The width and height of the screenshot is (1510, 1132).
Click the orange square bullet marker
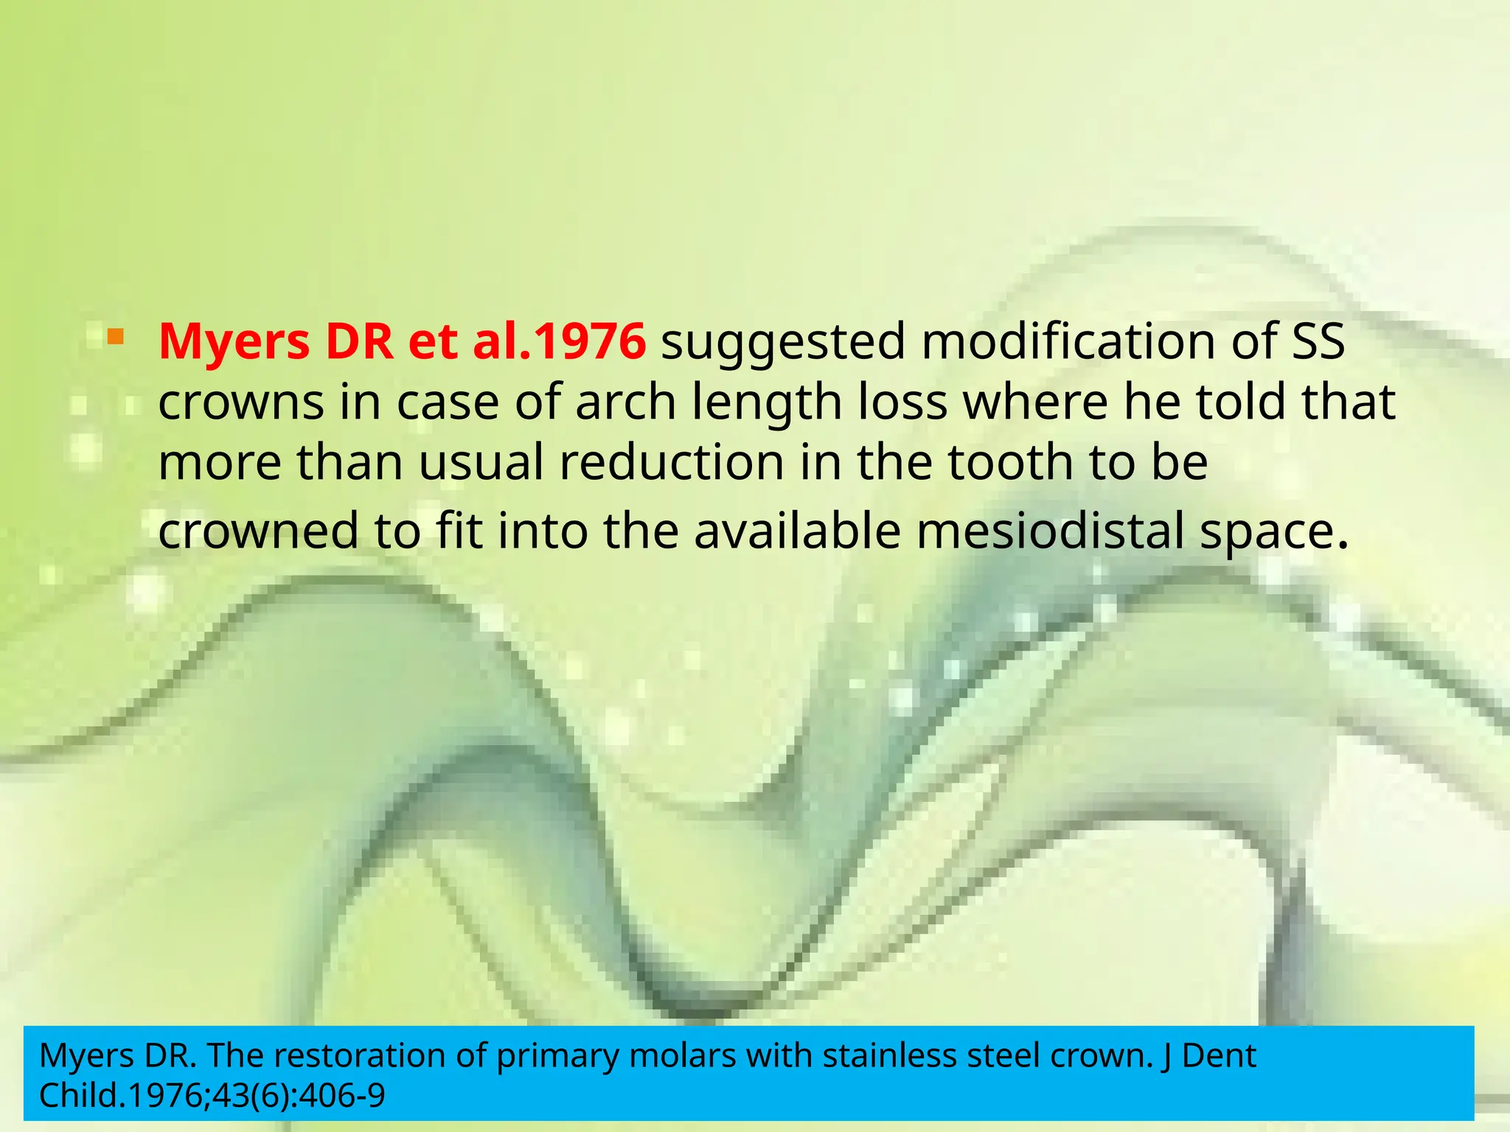pyautogui.click(x=115, y=338)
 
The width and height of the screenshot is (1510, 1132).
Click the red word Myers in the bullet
pyautogui.click(x=234, y=342)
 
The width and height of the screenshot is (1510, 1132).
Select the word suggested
pyautogui.click(x=783, y=343)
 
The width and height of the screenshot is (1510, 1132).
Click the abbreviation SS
pyautogui.click(x=1317, y=342)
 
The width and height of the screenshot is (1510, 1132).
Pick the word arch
pyautogui.click(x=626, y=403)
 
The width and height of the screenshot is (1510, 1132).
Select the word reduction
pyautogui.click(x=672, y=463)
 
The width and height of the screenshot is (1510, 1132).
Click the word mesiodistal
pyautogui.click(x=1050, y=531)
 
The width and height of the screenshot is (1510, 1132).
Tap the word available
pyautogui.click(x=798, y=531)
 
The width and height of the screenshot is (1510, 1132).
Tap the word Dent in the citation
pyautogui.click(x=1220, y=1056)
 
